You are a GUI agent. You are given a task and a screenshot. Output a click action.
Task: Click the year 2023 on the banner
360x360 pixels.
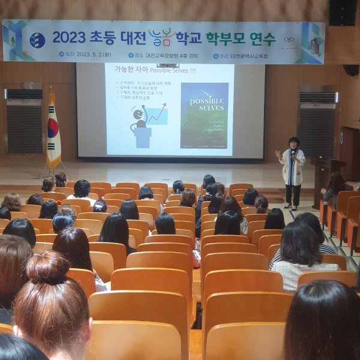pyautogui.click(x=68, y=37)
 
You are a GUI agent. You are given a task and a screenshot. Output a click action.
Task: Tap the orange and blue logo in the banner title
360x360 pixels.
pyautogui.click(x=161, y=38)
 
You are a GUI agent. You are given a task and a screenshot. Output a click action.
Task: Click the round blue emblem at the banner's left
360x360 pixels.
pyautogui.click(x=37, y=40)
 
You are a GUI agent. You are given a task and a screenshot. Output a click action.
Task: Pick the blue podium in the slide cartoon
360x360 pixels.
pyautogui.click(x=143, y=136)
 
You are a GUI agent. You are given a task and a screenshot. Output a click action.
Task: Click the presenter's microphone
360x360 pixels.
pyautogui.click(x=293, y=153)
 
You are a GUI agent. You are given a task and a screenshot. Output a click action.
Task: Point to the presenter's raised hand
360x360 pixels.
pyautogui.click(x=278, y=154)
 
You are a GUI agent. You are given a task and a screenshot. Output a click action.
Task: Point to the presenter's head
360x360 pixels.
pyautogui.click(x=294, y=143)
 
